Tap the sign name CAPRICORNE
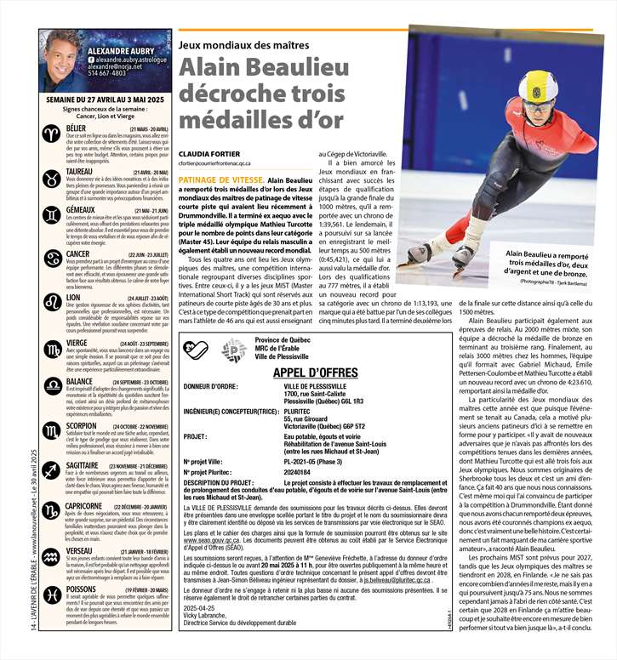pos(84,506)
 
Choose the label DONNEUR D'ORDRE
pos(209,385)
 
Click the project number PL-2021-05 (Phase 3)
pos(316,462)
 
